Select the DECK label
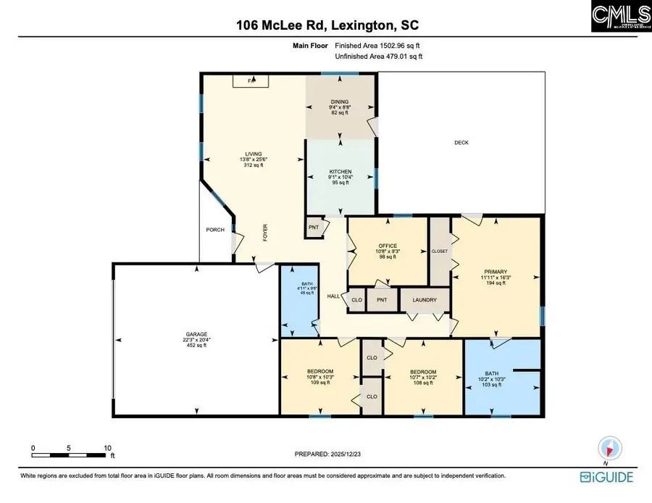click(461, 143)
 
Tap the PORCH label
click(215, 230)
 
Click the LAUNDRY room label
click(424, 300)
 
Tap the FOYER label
click(265, 232)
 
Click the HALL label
click(333, 296)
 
